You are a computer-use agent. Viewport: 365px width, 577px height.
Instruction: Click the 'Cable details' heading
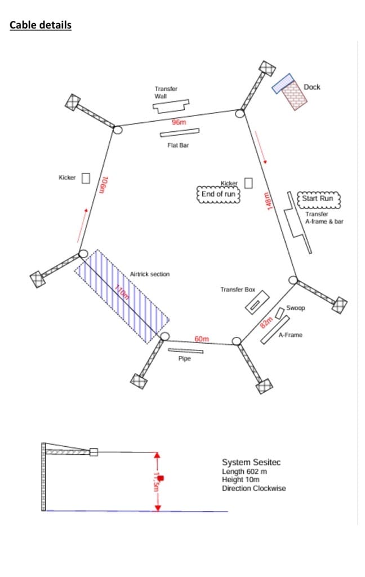pos(41,25)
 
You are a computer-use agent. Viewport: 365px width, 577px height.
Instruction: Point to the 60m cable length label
pos(202,339)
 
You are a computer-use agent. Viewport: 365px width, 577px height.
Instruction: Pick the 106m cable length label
pos(103,185)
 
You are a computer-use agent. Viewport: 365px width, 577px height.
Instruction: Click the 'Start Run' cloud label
pos(318,199)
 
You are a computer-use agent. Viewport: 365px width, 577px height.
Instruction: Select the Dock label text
pos(311,87)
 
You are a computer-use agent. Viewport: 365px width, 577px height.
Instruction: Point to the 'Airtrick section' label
pos(149,274)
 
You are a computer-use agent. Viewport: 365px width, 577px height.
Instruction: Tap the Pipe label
pos(185,359)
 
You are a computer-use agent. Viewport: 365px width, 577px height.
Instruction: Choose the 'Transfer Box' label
pos(238,290)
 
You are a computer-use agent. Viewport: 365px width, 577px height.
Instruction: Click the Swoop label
pos(296,308)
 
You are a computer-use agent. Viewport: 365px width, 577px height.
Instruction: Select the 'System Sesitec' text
pos(251,463)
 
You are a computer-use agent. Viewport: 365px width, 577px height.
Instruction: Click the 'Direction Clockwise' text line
pos(253,488)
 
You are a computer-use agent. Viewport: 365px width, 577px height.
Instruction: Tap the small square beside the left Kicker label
pos(86,178)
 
